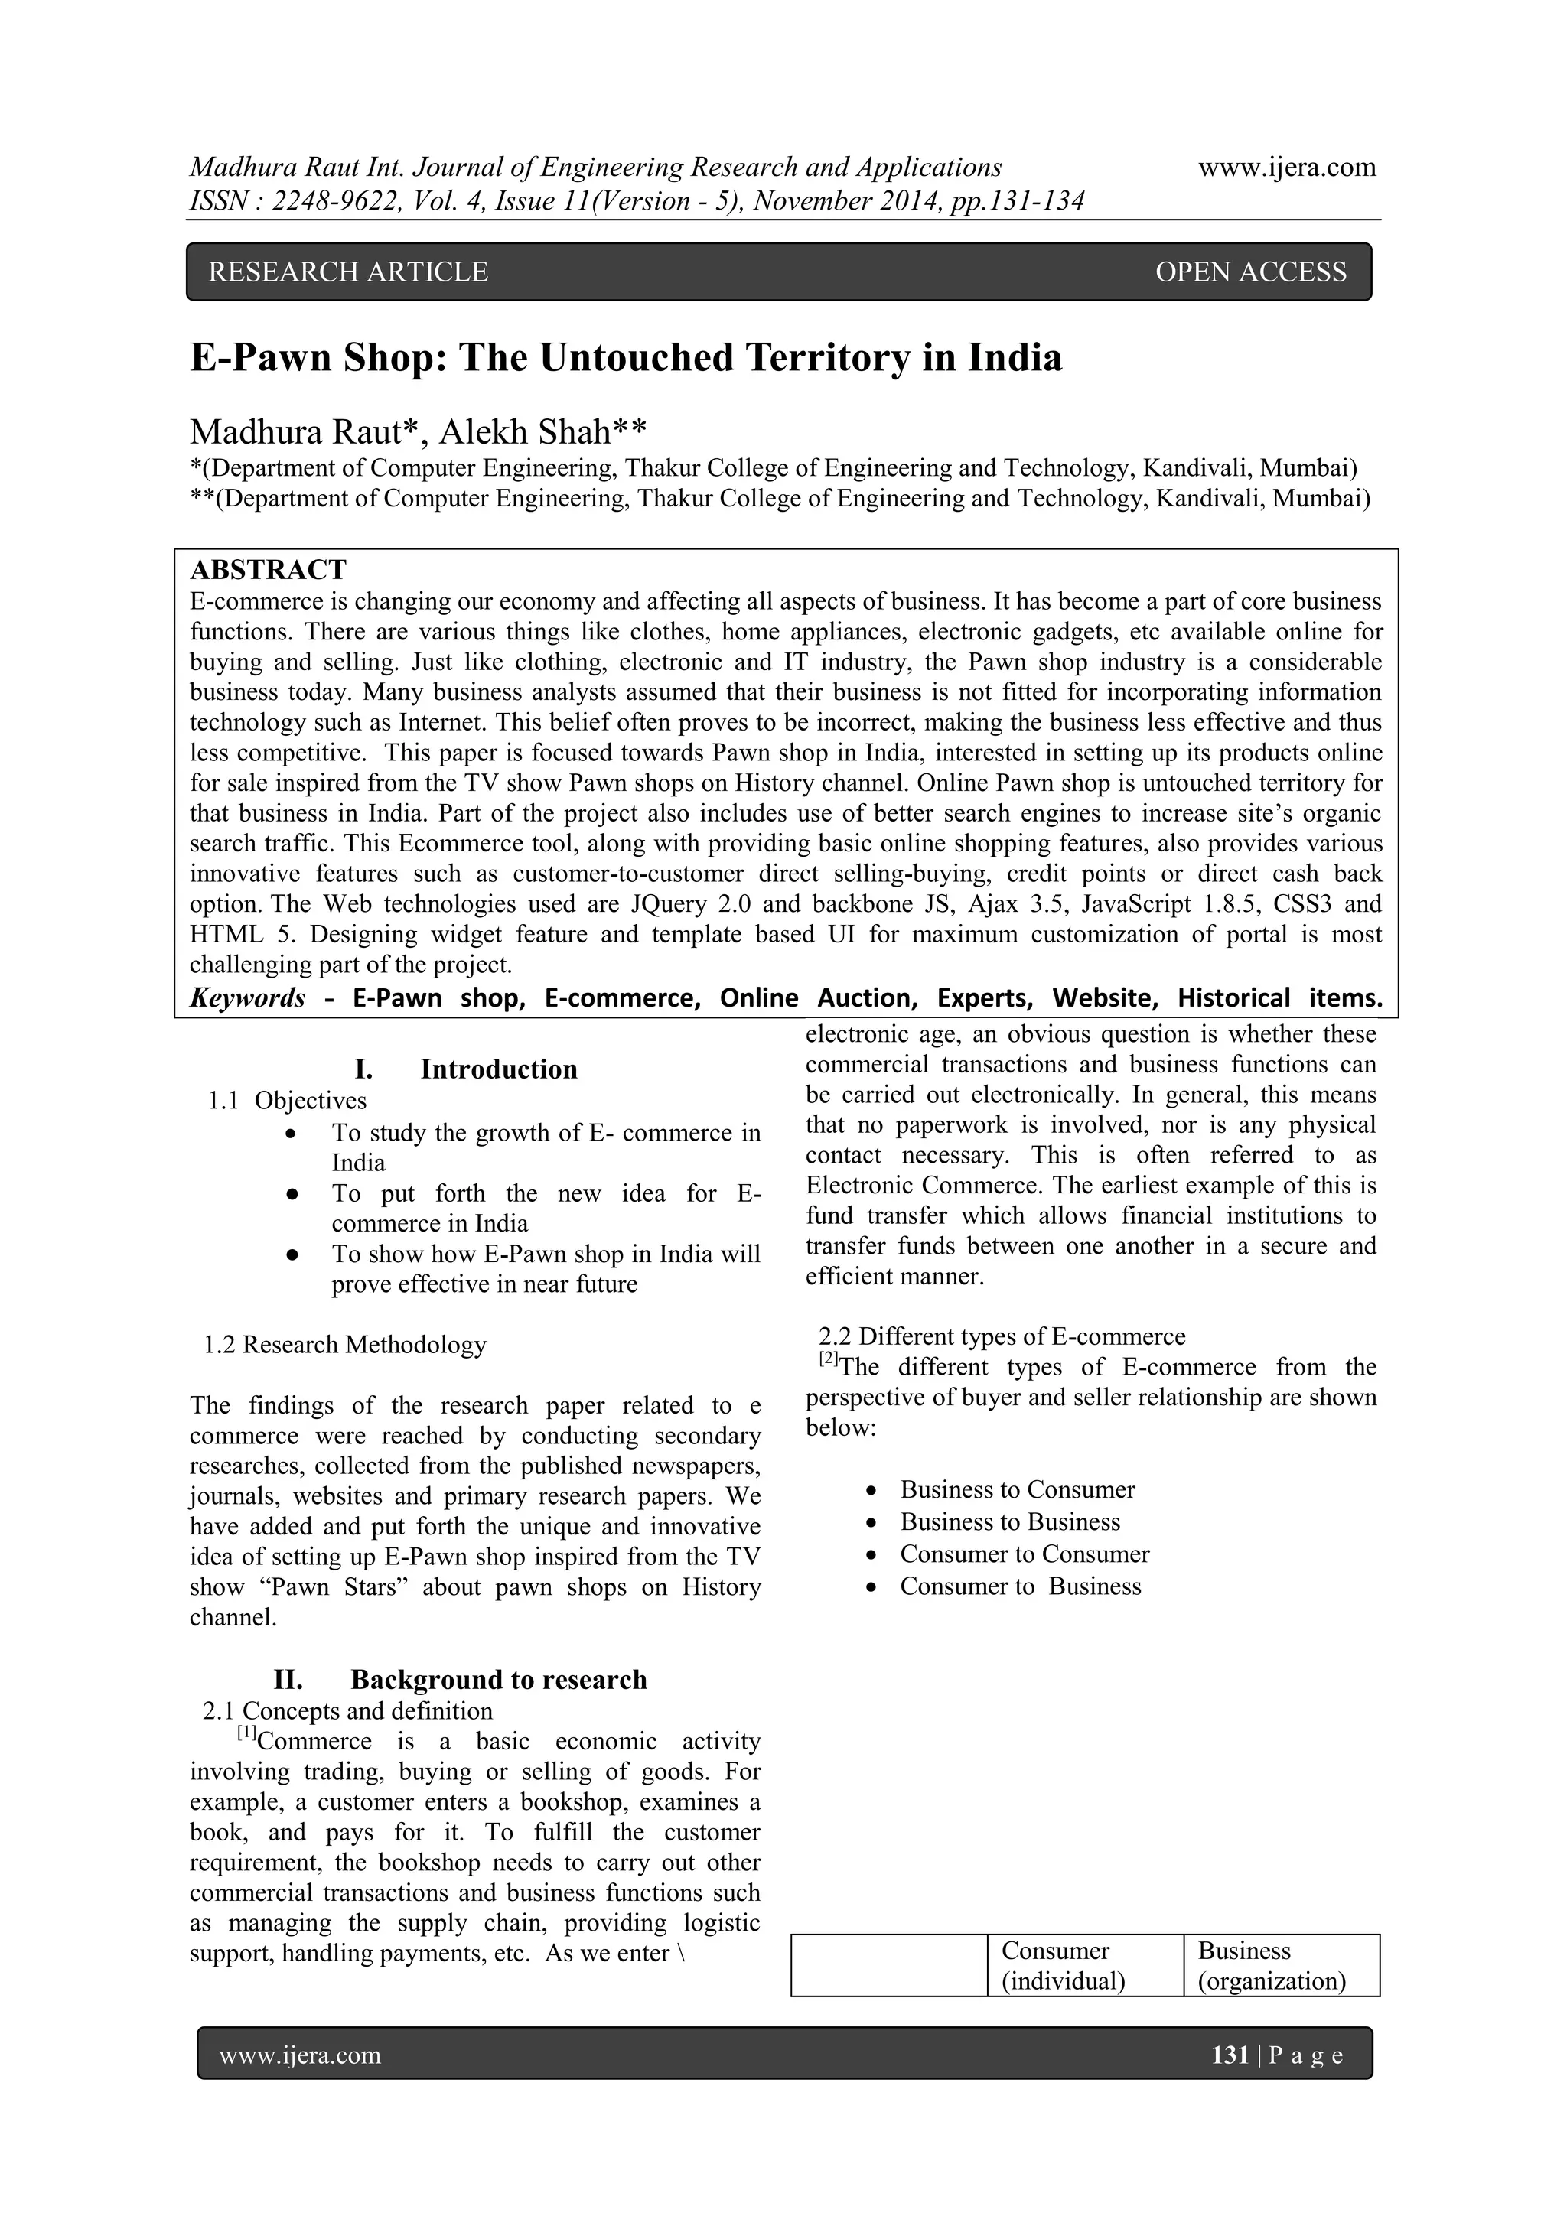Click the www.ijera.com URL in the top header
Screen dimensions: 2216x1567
pos(1286,168)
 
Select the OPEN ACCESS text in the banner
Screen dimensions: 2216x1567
pos(1249,272)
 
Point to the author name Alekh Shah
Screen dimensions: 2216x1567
pos(542,431)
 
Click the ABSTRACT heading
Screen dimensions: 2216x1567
pos(269,569)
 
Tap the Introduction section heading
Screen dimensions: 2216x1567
pos(498,1069)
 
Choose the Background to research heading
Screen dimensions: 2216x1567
pos(498,1679)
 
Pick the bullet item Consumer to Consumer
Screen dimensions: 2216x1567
pos(1025,1554)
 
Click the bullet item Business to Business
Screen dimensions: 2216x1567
pos(1010,1522)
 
